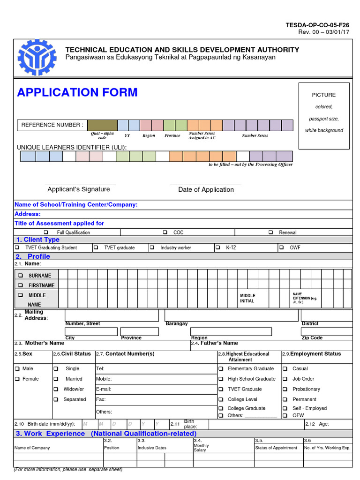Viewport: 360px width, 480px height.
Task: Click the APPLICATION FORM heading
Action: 77,92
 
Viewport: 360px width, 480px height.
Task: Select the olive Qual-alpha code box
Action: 102,125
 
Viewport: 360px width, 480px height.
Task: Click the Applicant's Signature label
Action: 79,189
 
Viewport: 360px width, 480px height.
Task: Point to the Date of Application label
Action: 206,190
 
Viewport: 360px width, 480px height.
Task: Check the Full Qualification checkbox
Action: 46,232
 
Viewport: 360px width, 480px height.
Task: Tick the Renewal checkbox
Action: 271,232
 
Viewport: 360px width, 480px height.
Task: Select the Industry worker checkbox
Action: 152,247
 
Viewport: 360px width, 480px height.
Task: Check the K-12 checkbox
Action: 217,247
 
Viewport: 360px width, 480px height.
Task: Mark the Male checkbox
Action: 17,369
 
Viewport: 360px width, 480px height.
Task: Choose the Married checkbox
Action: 56,379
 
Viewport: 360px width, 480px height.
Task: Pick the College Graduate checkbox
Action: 220,408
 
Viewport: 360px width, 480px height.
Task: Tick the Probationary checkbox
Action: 285,389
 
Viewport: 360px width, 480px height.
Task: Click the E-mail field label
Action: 103,389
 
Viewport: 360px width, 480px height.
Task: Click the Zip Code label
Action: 312,337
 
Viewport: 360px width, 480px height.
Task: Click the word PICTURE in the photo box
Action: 324,95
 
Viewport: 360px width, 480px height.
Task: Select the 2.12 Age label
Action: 317,424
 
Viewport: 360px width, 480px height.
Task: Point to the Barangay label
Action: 177,323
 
